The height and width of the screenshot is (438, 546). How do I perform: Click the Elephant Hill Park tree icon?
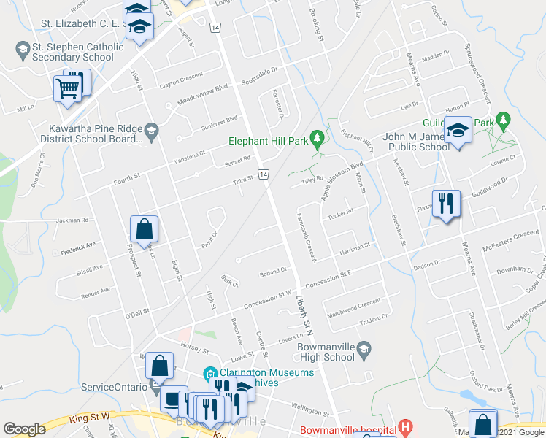pos(317,137)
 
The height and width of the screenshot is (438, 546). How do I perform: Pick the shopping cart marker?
pos(68,88)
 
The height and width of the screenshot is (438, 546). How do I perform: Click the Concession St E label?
pos(329,278)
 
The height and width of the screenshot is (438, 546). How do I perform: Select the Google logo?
pos(24,429)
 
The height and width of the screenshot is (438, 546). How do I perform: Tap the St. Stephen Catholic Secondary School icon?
pos(21,50)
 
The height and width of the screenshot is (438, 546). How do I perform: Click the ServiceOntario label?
pos(114,386)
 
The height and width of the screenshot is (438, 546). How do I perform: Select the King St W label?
pos(91,416)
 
